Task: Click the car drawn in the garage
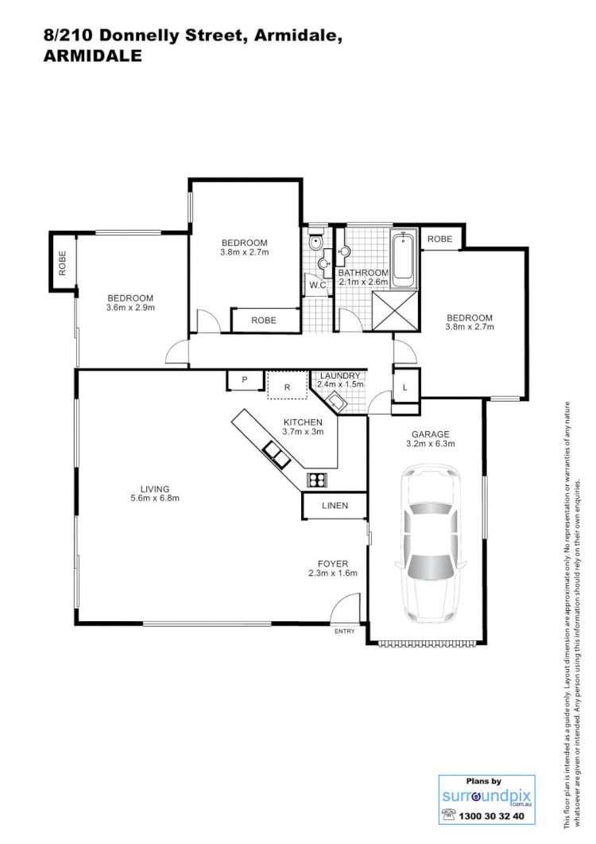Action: click(431, 545)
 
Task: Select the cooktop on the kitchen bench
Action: click(318, 480)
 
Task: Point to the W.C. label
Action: click(319, 285)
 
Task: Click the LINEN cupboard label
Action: click(335, 506)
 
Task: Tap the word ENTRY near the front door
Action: click(345, 631)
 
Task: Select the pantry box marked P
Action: click(245, 381)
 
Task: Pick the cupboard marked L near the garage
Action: click(405, 387)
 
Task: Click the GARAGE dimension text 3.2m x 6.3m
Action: click(431, 445)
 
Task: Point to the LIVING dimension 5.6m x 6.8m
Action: click(155, 499)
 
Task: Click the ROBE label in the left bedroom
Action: click(61, 263)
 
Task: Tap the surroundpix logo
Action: click(486, 796)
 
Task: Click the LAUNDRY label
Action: click(341, 375)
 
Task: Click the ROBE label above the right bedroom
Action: click(439, 239)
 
